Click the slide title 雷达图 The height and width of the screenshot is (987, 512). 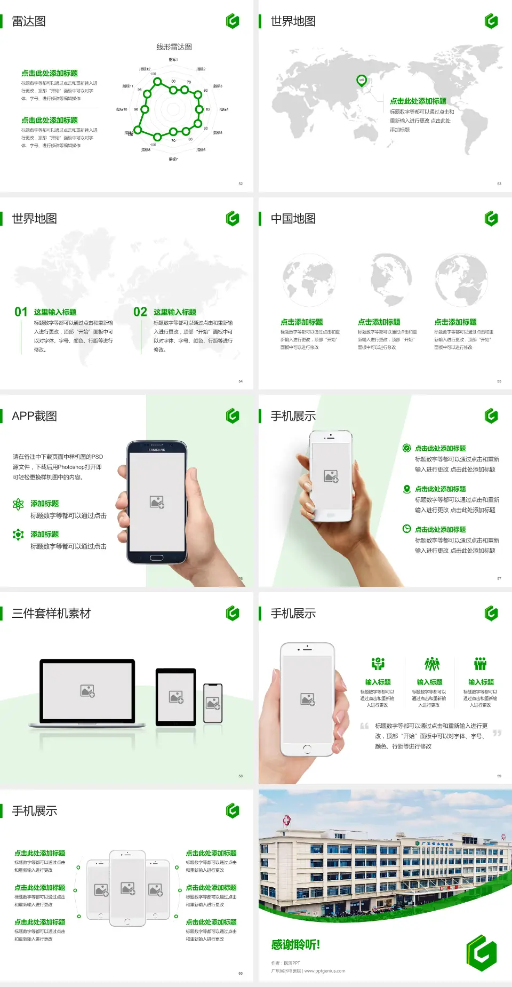click(x=29, y=21)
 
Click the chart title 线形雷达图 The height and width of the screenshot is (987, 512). click(x=174, y=47)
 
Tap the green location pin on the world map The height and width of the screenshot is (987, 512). click(x=362, y=81)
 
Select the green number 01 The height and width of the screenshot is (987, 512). click(x=21, y=312)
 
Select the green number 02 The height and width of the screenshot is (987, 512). click(x=140, y=312)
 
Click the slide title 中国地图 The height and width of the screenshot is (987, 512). click(x=293, y=219)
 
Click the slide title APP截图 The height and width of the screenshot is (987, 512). click(x=35, y=416)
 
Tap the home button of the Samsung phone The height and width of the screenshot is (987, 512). click(x=156, y=558)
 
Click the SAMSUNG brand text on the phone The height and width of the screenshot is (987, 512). click(x=157, y=450)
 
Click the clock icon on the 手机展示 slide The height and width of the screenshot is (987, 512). click(x=406, y=529)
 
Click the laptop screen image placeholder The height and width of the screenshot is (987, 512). click(x=87, y=691)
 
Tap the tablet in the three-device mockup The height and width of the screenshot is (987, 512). click(x=176, y=696)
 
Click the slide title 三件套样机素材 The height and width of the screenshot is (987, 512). click(x=51, y=614)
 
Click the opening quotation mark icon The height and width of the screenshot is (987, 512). click(x=364, y=726)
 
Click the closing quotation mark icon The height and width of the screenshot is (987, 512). click(x=497, y=733)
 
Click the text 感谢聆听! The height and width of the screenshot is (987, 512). click(x=295, y=945)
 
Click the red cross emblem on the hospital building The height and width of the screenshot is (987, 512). click(x=286, y=820)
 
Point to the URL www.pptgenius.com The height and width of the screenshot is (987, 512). click(x=325, y=971)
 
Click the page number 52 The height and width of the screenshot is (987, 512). click(x=241, y=184)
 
